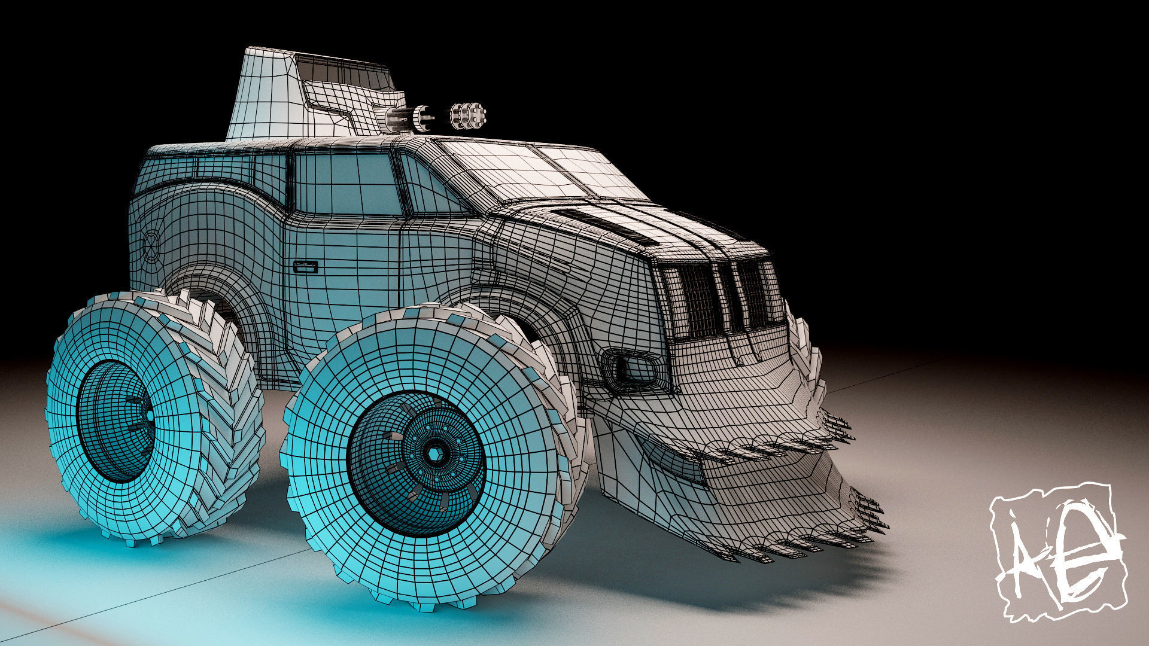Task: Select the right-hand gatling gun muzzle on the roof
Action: click(x=469, y=115)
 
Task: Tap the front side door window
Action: click(x=347, y=182)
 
